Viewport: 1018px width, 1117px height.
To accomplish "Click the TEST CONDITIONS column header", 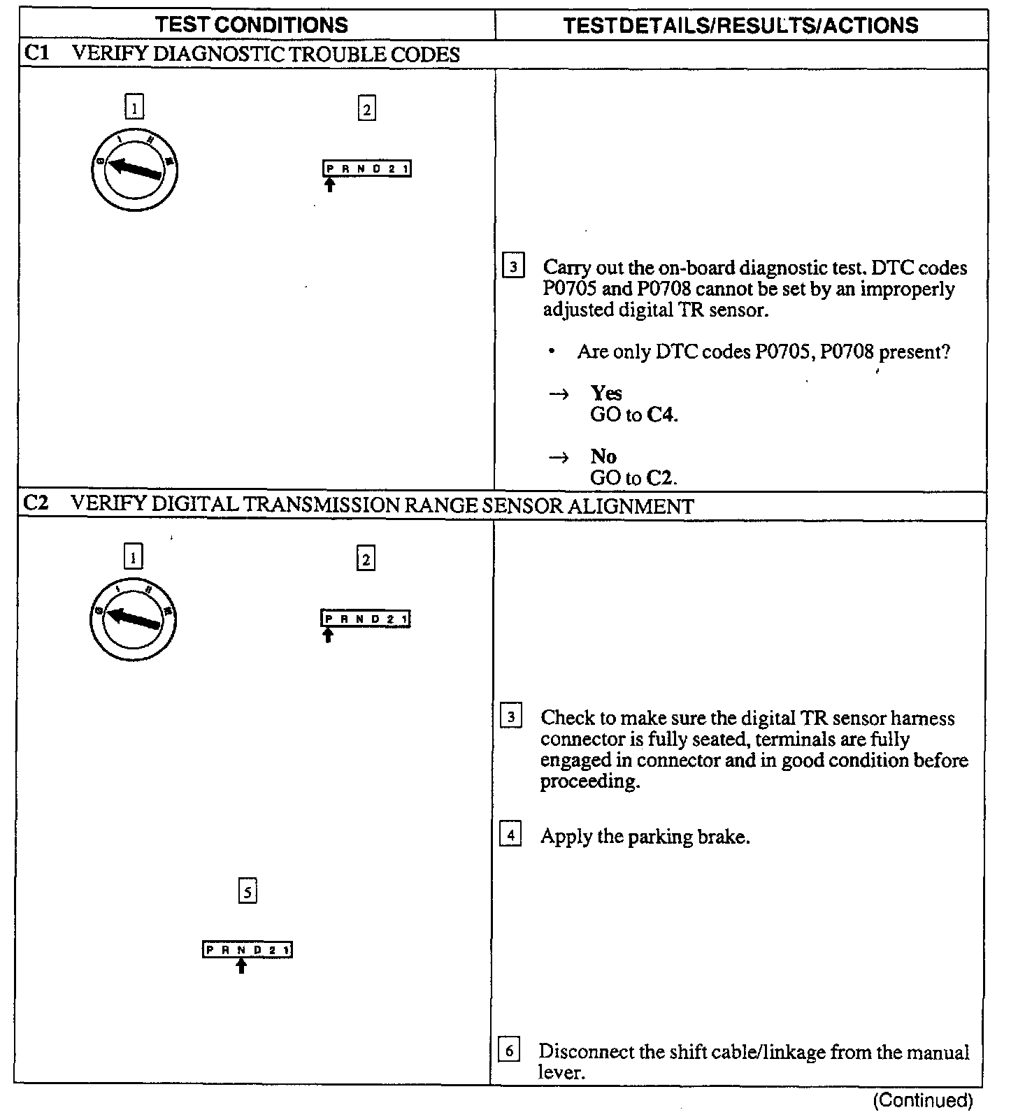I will [251, 25].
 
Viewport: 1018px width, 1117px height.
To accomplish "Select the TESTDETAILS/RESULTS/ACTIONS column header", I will [740, 26].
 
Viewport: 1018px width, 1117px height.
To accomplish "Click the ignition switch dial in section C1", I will [135, 169].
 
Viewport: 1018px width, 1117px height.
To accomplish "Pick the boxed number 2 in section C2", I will [366, 558].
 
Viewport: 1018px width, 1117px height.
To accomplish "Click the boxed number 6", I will [509, 1050].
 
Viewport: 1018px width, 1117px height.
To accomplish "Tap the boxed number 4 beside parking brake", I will [510, 835].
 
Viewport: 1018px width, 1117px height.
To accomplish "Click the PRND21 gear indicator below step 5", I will [248, 950].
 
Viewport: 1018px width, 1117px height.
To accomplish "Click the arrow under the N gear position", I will [241, 965].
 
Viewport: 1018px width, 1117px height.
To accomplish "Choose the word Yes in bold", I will [605, 393].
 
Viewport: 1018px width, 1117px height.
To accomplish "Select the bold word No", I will [603, 456].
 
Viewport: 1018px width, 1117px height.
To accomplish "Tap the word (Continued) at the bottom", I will [923, 1100].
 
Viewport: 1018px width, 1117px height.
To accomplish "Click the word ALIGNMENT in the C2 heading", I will [630, 505].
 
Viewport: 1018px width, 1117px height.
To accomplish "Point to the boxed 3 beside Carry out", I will [513, 267].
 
